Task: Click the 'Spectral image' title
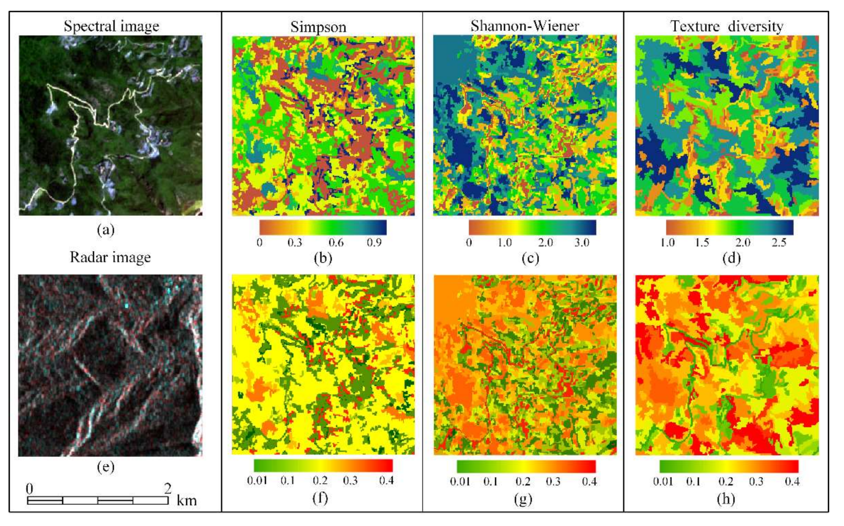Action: [111, 26]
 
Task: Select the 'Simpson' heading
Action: [318, 27]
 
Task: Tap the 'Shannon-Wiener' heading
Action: [524, 26]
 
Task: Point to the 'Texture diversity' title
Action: [727, 26]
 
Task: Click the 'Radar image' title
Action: [110, 257]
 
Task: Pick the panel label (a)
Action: [106, 230]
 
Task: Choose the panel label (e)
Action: [106, 467]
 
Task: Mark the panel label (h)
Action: [726, 499]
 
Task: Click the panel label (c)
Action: [530, 258]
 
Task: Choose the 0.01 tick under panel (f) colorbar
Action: [257, 480]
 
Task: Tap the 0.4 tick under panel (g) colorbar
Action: [589, 481]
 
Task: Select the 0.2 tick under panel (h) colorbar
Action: [726, 481]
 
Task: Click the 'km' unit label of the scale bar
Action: [186, 501]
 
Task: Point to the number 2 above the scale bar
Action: [168, 489]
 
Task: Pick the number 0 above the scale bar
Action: [30, 489]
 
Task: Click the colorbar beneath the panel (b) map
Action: [323, 228]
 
